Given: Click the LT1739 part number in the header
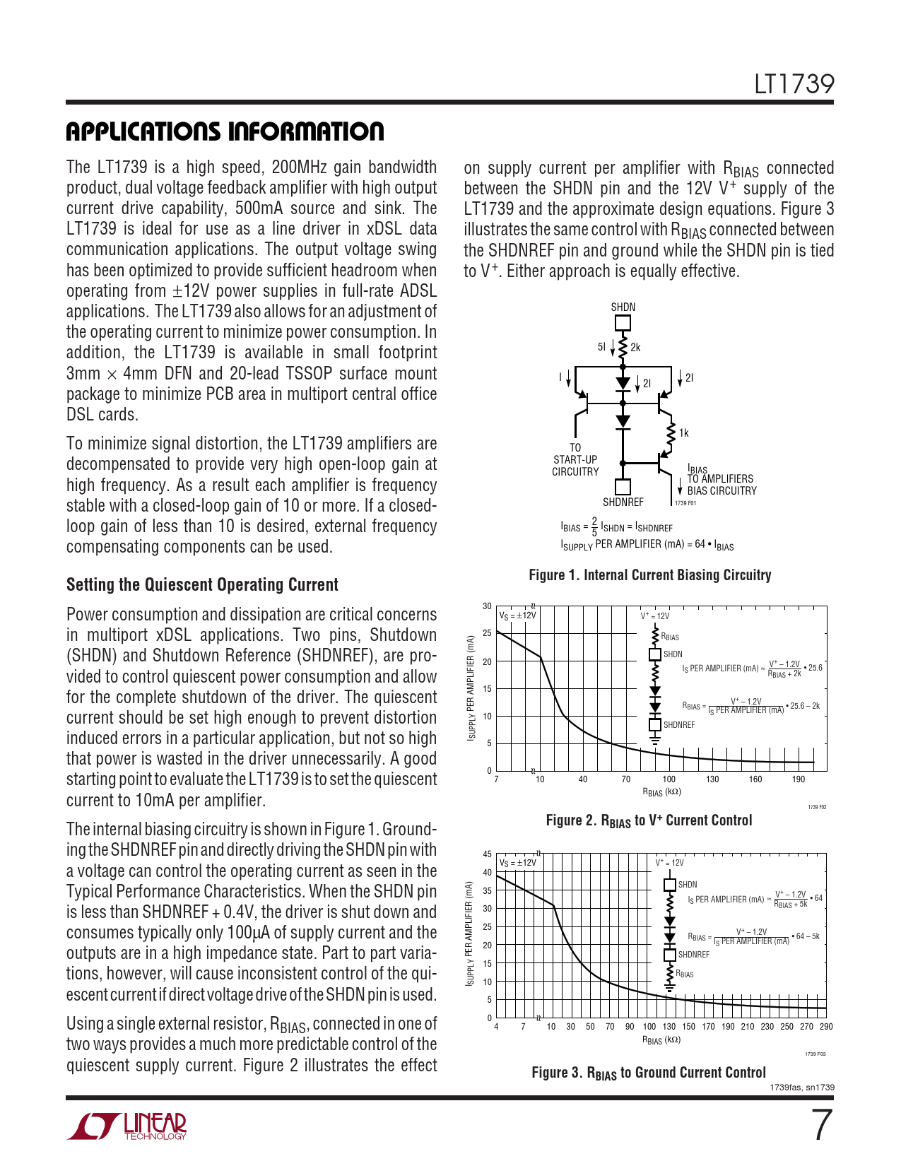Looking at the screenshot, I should click(x=794, y=85).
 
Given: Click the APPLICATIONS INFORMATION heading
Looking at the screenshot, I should click(x=225, y=131).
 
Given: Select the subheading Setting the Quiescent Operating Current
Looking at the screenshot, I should click(x=202, y=585).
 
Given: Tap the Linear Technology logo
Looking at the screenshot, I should click(x=127, y=1126).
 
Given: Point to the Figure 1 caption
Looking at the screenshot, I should click(x=649, y=575).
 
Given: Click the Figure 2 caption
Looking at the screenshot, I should click(x=649, y=820).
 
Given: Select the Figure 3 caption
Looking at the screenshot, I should click(x=649, y=1073).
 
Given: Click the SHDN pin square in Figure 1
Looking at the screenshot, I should click(x=623, y=323).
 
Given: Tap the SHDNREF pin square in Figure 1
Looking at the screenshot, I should click(x=623, y=486).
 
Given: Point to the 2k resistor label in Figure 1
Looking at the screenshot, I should click(x=635, y=348).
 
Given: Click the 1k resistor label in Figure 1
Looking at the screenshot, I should click(x=683, y=433).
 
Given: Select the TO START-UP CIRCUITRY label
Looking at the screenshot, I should click(x=575, y=460).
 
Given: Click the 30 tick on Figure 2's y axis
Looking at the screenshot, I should click(x=487, y=606).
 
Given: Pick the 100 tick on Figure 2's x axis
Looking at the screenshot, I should click(x=669, y=779).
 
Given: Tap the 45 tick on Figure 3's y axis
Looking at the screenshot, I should click(x=487, y=854).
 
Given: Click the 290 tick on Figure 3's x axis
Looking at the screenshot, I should click(x=825, y=1027).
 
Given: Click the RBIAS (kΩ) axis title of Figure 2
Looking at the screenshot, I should click(x=661, y=792).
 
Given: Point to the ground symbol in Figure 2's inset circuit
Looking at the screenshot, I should click(x=655, y=739).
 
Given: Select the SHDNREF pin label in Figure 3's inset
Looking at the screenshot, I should click(x=694, y=955).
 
